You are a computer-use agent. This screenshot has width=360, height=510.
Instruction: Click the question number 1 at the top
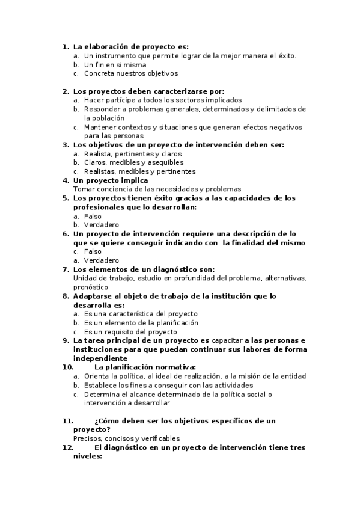(65, 46)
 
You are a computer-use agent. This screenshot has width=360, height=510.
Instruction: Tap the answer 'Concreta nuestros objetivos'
(131, 73)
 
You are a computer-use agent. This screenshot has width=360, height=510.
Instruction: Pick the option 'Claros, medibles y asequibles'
(133, 162)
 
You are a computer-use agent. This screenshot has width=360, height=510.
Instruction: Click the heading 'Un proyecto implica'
(111, 180)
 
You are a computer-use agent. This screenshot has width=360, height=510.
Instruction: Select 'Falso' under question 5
(93, 216)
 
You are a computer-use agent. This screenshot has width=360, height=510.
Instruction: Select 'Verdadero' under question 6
(102, 260)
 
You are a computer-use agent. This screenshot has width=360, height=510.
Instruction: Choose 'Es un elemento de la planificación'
(141, 322)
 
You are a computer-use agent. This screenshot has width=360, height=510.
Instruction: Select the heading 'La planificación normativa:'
(145, 367)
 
